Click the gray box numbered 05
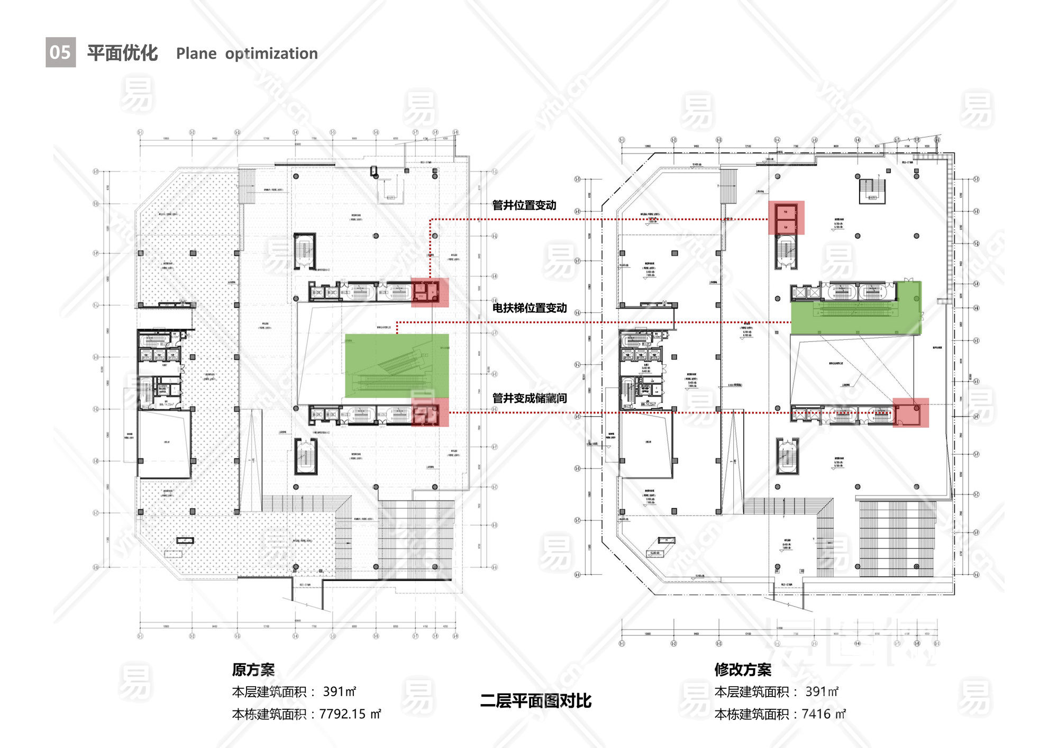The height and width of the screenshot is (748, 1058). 60,52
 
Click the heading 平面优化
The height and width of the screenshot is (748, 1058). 122,53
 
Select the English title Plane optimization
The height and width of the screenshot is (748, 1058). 247,53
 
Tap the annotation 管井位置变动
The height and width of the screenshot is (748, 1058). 524,205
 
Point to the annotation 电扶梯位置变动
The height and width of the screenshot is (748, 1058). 529,308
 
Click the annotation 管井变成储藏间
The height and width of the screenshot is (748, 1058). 529,398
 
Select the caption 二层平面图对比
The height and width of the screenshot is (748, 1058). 535,701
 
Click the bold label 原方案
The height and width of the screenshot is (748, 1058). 253,670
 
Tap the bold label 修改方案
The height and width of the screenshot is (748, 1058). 743,670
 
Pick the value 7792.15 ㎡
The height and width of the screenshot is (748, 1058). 350,714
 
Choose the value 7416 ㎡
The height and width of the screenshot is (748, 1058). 824,714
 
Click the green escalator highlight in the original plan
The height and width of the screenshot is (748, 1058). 397,365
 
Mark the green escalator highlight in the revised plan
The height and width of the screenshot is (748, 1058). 856,308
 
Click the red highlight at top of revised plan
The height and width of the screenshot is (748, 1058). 786,218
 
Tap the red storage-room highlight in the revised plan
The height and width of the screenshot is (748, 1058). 911,413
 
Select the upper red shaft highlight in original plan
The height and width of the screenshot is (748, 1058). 430,292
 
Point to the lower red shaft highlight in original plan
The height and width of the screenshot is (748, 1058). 430,412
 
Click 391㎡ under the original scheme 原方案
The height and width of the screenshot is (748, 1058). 340,692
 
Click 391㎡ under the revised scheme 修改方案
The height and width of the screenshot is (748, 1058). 822,692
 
